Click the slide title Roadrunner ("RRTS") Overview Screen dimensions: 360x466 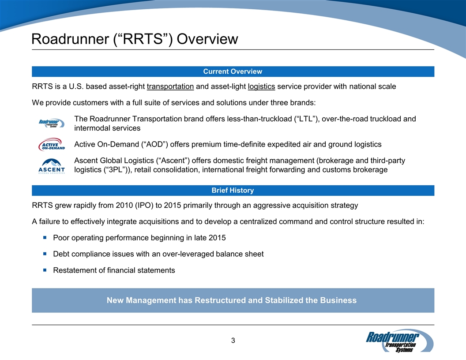coord(135,39)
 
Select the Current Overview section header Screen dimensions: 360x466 coord(233,71)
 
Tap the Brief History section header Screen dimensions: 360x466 coord(233,191)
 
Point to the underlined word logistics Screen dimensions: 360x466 coord(262,86)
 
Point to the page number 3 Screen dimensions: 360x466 coord(233,340)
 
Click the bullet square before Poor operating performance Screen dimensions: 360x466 coord(45,238)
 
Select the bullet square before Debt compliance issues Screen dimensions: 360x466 coord(45,254)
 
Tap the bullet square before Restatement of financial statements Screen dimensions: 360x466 coord(45,270)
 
